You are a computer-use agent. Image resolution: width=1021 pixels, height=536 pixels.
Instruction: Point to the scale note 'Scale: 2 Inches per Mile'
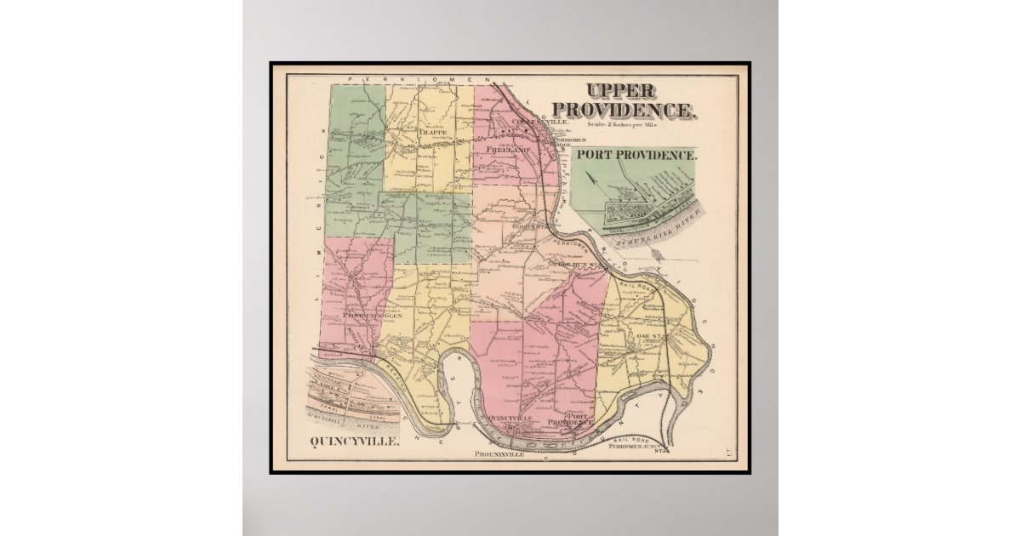(x=625, y=125)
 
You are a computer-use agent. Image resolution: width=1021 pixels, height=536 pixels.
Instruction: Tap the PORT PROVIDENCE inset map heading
(x=636, y=156)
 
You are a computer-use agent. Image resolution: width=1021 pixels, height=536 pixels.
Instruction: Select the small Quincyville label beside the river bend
(x=512, y=419)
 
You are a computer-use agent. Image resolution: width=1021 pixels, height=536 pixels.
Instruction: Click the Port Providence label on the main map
(x=570, y=419)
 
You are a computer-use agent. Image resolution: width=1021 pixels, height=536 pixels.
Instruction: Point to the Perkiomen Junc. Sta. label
(x=642, y=446)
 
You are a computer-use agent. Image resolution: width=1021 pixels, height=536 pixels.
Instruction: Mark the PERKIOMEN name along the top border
(x=401, y=77)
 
